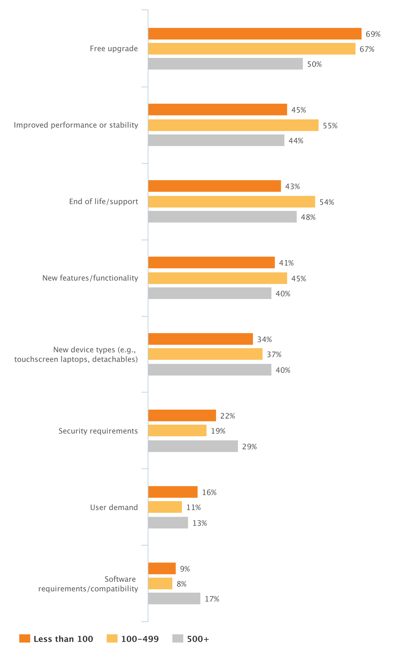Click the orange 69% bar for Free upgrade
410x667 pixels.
[x=255, y=34]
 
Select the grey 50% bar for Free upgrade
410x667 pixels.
[x=225, y=64]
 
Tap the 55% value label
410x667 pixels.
[x=330, y=126]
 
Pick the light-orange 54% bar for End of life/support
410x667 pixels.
[x=232, y=202]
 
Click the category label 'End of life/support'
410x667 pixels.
[x=103, y=202]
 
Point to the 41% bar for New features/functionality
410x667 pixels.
[x=211, y=263]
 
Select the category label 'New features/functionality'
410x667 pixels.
[x=90, y=278]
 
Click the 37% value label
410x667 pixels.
[x=274, y=354]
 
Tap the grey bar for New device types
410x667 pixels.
[x=210, y=370]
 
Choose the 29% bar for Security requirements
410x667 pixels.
[x=193, y=446]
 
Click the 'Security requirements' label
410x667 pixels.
[x=98, y=431]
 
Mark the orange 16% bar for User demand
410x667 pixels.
[x=173, y=492]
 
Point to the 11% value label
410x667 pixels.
[x=194, y=508]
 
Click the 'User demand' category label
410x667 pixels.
[x=114, y=508]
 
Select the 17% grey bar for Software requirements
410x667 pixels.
[x=174, y=599]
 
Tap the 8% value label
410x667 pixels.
[x=182, y=584]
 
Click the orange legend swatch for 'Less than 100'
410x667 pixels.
[x=25, y=638]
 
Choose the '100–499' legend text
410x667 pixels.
[x=140, y=639]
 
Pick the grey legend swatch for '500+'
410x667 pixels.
[x=178, y=638]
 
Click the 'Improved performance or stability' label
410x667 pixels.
[x=76, y=125]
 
